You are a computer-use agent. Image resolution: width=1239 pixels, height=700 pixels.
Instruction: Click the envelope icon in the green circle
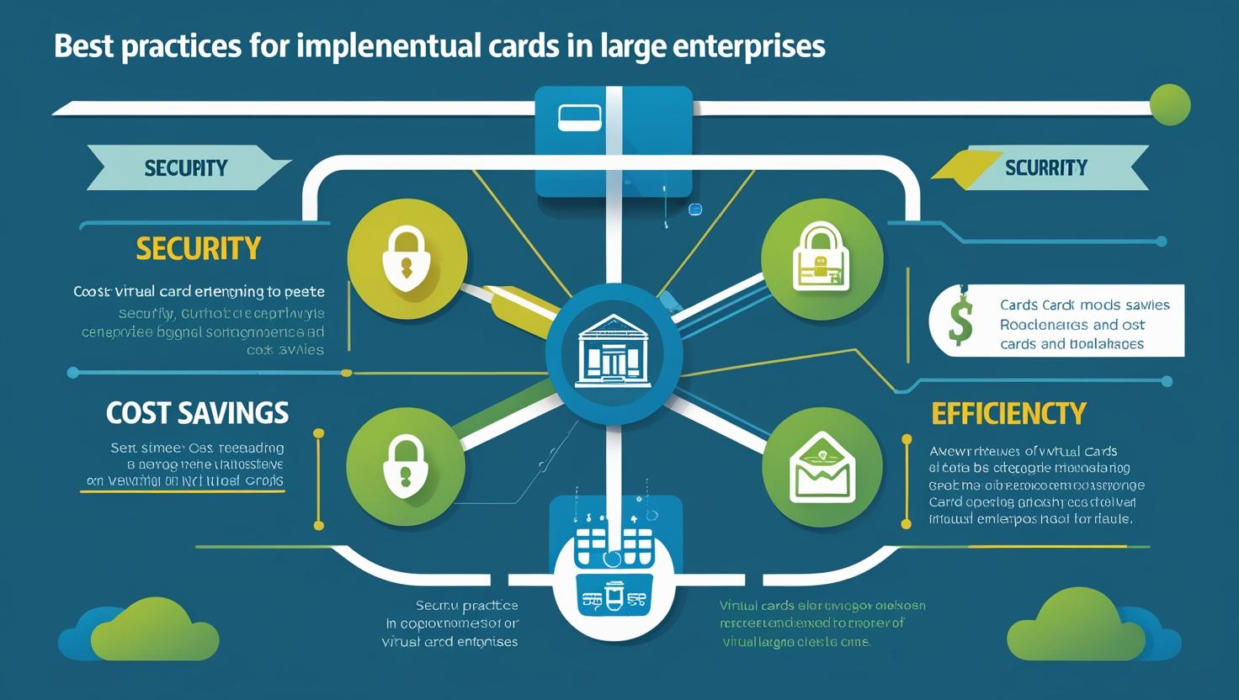tap(822, 466)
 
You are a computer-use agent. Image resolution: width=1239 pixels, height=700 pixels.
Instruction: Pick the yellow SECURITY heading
tap(198, 248)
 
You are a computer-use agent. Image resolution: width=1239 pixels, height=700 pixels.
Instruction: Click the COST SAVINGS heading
tap(197, 413)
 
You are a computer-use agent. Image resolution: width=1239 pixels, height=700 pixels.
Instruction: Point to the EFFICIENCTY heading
tap(1008, 413)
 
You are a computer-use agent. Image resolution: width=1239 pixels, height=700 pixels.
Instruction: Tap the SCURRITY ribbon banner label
tap(1045, 167)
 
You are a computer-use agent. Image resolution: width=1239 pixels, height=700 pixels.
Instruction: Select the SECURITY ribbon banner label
tap(185, 167)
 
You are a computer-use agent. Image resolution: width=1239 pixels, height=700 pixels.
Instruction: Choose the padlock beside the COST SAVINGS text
tap(406, 465)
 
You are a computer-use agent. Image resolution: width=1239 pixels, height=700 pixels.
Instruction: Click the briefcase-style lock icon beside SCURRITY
tap(822, 257)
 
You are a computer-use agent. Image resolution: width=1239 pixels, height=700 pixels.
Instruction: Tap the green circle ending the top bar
tap(1169, 105)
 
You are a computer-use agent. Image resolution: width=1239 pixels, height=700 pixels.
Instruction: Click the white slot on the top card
tap(580, 118)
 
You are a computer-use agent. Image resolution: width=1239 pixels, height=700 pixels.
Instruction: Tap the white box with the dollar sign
tap(1056, 320)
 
